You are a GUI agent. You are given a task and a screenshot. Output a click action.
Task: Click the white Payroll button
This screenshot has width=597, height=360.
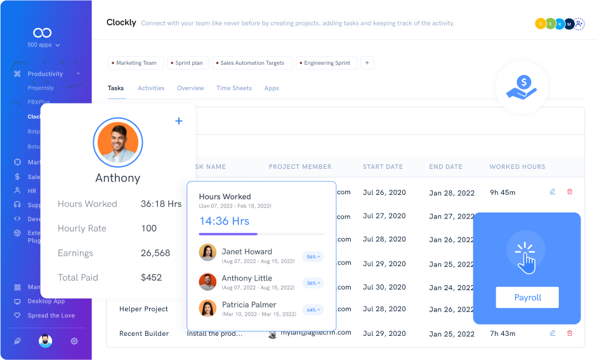coord(527,297)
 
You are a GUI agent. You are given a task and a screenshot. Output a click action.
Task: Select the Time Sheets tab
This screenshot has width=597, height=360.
coord(233,88)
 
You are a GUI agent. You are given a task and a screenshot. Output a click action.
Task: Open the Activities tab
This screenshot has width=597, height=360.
coord(151,88)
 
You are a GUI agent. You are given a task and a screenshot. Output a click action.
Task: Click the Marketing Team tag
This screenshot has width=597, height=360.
coord(136,63)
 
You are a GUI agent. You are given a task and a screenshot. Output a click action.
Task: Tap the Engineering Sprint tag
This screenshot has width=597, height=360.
coord(327,63)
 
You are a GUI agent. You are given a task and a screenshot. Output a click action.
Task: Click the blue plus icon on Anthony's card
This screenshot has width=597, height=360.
coord(179,121)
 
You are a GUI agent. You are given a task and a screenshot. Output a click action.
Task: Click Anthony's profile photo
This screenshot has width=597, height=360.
coord(118,143)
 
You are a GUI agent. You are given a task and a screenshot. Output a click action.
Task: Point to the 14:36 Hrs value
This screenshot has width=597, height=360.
coord(224,221)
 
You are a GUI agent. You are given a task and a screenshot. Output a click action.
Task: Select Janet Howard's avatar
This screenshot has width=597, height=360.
coord(207,253)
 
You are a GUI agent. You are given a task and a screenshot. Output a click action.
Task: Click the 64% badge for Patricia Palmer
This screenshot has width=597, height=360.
coord(313,310)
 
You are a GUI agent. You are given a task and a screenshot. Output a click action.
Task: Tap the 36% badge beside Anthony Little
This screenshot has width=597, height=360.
coord(313,283)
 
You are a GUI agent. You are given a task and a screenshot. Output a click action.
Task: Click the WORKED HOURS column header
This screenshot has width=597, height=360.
coord(517,167)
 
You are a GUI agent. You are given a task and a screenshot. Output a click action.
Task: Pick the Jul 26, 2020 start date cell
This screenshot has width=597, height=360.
coord(384,192)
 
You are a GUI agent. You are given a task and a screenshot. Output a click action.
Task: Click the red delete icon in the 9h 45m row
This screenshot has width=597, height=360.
coord(569,192)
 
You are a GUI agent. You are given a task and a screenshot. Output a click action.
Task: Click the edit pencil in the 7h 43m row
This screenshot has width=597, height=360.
coord(553,333)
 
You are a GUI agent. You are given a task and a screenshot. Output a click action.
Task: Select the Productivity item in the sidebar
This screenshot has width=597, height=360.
coord(45,74)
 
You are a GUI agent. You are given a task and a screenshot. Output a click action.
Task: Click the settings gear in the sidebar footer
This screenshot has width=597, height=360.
coord(74,341)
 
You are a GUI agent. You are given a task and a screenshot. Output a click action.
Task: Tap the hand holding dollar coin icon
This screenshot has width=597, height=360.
coord(522,87)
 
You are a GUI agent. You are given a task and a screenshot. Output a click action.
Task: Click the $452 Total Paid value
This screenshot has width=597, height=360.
coord(151,277)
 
